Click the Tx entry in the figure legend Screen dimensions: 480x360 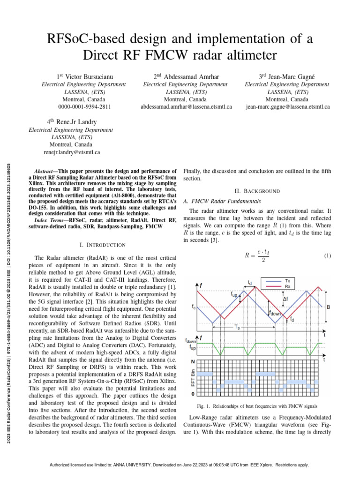(287, 280)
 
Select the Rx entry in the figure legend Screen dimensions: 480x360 (287, 285)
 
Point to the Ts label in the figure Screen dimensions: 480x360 (237, 328)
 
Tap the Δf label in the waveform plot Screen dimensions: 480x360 (285, 299)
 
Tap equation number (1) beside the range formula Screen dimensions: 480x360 (328, 255)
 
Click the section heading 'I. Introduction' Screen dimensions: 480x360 (103, 245)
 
